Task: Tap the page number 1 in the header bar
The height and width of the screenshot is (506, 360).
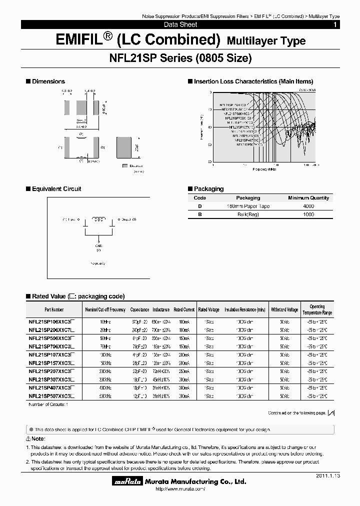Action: tap(335, 24)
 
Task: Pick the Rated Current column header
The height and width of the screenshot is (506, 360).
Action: tap(184, 309)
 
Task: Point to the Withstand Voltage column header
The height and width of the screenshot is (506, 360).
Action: tap(285, 309)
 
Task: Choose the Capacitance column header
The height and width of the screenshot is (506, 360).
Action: tap(139, 309)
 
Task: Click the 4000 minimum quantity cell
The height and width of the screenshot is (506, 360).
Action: tap(308, 206)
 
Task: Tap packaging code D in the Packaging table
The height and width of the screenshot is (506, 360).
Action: tap(200, 206)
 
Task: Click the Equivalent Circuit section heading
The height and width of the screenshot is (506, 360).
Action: tap(56, 189)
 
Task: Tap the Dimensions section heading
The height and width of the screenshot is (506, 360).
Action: tap(48, 81)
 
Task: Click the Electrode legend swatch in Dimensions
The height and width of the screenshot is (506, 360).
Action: tap(125, 164)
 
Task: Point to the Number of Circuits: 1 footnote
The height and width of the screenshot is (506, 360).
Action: tap(48, 403)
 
